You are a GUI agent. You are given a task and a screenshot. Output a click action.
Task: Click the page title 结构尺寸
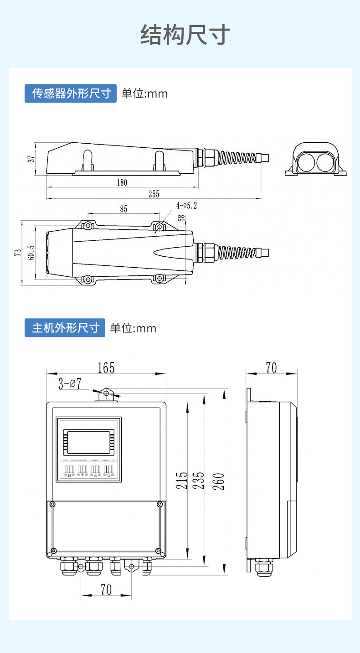click(x=185, y=35)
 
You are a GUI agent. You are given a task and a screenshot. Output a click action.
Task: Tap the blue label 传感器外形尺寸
click(x=71, y=93)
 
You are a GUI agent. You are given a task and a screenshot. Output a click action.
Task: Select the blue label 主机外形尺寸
click(x=65, y=328)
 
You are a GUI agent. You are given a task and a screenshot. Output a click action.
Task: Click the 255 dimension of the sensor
click(x=154, y=194)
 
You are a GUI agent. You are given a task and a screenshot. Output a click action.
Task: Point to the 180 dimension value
click(x=122, y=182)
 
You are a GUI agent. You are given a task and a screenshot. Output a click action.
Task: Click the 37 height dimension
click(x=31, y=159)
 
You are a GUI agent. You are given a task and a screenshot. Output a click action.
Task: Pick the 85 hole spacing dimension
click(x=123, y=209)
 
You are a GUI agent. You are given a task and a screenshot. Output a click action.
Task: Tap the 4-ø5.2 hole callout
click(x=187, y=206)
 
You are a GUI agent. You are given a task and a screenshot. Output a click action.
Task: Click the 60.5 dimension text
click(x=31, y=253)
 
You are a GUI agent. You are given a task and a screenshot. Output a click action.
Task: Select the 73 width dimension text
click(x=17, y=253)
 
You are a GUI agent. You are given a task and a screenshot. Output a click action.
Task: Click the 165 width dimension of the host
click(x=106, y=368)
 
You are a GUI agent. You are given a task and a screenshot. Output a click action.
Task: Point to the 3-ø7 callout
click(x=69, y=384)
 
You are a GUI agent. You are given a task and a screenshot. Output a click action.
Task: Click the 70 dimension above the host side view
click(x=271, y=368)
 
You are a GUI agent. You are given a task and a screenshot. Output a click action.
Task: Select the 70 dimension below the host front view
click(x=106, y=589)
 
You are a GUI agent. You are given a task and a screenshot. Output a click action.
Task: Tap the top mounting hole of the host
click(x=107, y=394)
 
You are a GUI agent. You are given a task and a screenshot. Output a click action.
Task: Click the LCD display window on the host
click(x=88, y=442)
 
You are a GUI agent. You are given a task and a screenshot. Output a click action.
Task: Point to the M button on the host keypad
click(x=69, y=471)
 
